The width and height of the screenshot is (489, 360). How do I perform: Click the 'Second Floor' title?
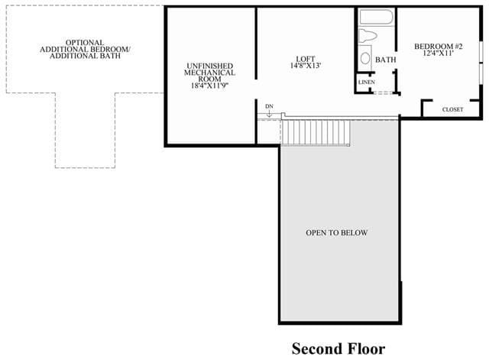[x=338, y=349]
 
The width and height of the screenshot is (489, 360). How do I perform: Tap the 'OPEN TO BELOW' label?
[x=336, y=232]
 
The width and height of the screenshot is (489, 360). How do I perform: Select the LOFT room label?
[x=306, y=59]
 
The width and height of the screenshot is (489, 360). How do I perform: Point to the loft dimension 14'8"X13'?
[x=306, y=66]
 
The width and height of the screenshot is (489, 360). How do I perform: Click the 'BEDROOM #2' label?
[x=438, y=47]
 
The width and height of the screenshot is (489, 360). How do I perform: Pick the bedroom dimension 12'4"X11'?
[x=438, y=53]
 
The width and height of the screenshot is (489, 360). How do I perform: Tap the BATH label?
[x=385, y=60]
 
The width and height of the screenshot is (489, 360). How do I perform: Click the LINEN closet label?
[x=367, y=83]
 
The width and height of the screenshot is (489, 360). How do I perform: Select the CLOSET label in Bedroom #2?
[x=452, y=109]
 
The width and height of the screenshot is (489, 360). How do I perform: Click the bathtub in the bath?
[x=376, y=17]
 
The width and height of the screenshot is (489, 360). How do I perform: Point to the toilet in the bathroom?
[x=367, y=36]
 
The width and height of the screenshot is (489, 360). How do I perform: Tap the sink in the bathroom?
[x=365, y=58]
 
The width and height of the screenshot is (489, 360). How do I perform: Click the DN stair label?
[x=269, y=106]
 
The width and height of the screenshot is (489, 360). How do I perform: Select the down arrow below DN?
[x=269, y=113]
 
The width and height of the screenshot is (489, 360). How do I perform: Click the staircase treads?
[x=316, y=132]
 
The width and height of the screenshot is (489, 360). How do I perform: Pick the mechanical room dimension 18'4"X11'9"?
[x=209, y=86]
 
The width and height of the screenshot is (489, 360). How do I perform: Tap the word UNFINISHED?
[x=209, y=66]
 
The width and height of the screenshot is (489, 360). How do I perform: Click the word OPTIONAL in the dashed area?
[x=85, y=43]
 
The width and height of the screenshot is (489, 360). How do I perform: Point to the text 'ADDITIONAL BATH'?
[x=85, y=56]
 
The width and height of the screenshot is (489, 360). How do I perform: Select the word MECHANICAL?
[x=209, y=73]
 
